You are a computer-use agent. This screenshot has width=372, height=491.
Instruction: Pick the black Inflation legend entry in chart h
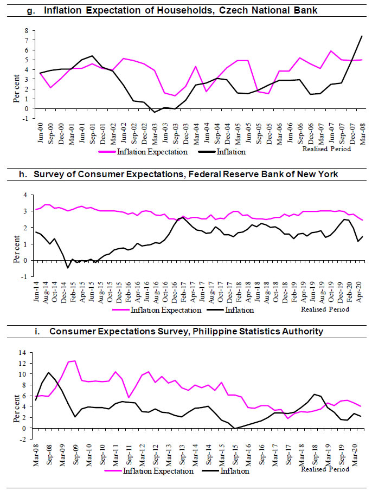tap(239, 310)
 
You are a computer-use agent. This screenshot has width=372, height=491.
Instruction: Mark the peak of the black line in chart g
tap(361, 36)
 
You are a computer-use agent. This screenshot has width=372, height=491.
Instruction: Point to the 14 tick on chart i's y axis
tap(24, 352)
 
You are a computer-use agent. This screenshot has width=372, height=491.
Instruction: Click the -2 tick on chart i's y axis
tap(24, 439)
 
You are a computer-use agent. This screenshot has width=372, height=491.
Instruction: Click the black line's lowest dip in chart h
tap(68, 268)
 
